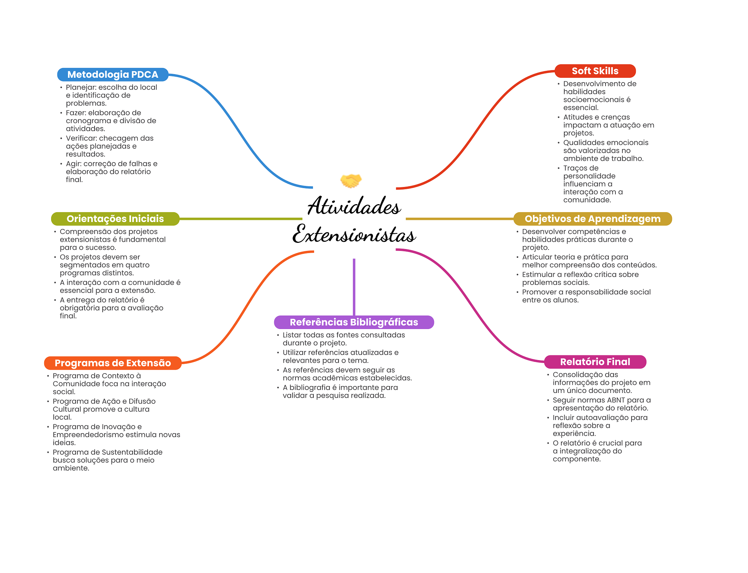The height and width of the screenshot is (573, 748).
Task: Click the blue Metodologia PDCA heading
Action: [112, 75]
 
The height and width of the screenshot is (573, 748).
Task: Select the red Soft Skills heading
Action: [595, 71]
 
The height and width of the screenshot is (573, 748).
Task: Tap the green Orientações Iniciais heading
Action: [115, 219]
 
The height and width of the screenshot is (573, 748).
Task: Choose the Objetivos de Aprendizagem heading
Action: [592, 219]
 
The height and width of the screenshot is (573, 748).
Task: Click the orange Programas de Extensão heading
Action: [112, 363]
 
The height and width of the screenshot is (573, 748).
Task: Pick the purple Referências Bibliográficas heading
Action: [354, 322]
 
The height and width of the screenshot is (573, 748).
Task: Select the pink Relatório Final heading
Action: [595, 362]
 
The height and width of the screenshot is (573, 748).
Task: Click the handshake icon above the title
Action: [351, 180]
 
